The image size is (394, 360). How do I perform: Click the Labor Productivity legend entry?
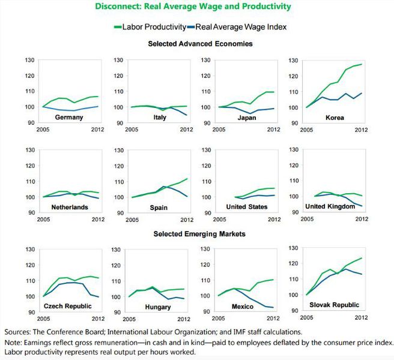coord(154,27)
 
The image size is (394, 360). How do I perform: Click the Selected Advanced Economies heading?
coord(200,44)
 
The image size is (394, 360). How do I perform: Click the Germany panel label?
coord(68,118)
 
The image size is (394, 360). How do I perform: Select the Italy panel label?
coord(160,118)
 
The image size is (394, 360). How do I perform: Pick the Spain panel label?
coord(158,207)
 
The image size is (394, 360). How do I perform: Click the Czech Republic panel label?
coord(67,307)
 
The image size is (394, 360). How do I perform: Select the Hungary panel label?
coord(159,307)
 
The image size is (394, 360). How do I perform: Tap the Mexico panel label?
coord(244,307)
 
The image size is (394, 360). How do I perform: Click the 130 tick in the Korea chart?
coord(295,61)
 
